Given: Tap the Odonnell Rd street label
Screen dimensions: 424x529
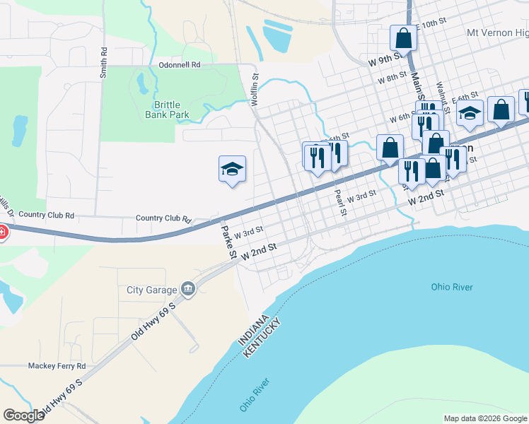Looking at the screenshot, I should coord(180,64).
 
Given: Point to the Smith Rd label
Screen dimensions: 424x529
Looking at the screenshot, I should coord(104,62).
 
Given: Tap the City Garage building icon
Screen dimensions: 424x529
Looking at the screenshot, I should coord(188,288).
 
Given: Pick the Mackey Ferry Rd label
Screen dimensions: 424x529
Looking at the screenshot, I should coord(57,366).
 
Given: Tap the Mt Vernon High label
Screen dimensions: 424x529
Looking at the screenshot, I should coord(497,33).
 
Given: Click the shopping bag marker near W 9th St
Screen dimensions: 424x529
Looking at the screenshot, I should coord(403,37).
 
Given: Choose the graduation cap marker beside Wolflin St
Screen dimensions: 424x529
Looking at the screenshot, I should coord(232,169).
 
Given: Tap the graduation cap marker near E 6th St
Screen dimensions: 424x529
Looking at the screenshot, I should coord(470,114).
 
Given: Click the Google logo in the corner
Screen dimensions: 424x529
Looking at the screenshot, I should coord(24,416).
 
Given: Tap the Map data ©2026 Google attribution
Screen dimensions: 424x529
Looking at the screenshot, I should coord(485,418).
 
